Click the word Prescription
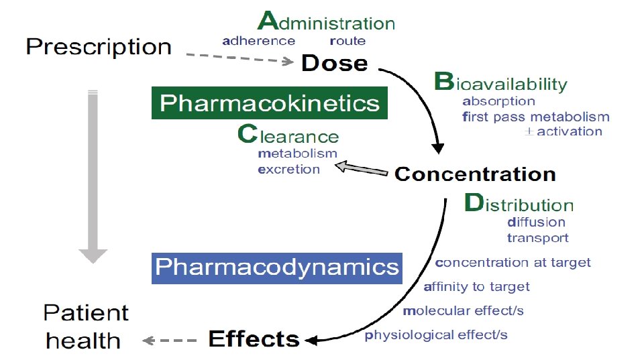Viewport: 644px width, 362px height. (x=99, y=48)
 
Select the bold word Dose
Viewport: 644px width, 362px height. (x=335, y=64)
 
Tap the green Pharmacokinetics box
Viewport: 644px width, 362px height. (x=270, y=103)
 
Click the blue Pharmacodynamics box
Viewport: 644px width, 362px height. (x=276, y=267)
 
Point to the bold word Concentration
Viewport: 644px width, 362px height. (x=475, y=175)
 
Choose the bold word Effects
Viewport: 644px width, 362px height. (x=254, y=339)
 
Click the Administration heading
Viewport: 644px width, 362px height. (x=327, y=22)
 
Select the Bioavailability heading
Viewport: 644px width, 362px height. (x=500, y=84)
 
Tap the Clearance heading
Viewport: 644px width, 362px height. (x=288, y=136)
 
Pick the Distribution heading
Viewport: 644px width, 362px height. (x=519, y=204)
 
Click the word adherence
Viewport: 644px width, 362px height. (x=258, y=41)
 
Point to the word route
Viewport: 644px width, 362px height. (x=347, y=41)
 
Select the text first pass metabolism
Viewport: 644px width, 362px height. (x=536, y=117)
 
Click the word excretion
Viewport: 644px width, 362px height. (x=289, y=169)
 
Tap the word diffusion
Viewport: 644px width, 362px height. (x=536, y=222)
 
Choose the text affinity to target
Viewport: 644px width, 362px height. (x=477, y=287)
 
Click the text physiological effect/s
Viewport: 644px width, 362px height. (x=436, y=335)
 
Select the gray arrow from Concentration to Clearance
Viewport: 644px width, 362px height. (x=362, y=169)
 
